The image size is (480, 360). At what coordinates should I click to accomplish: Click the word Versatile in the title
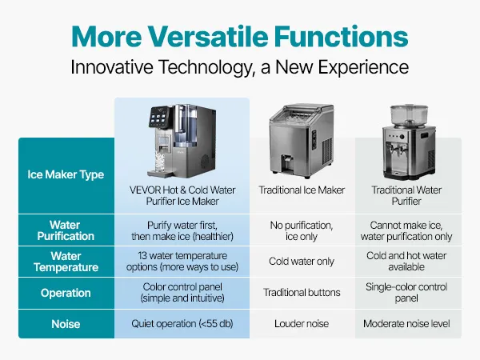click(x=208, y=36)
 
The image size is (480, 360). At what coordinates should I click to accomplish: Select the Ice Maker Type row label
click(x=66, y=174)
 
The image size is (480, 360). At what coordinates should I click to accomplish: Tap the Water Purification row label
click(x=66, y=230)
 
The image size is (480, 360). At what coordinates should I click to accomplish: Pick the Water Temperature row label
click(x=66, y=262)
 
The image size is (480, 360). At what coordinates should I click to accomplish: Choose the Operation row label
click(x=66, y=293)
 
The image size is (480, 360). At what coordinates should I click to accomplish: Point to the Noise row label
click(x=66, y=324)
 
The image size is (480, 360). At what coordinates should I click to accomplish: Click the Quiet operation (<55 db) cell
click(x=182, y=324)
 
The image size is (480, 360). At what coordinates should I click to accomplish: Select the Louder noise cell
click(x=302, y=324)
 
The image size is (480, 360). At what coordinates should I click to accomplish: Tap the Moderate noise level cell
click(x=406, y=324)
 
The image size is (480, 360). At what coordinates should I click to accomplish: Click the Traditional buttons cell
click(x=302, y=293)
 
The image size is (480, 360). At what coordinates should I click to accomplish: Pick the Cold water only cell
click(x=302, y=262)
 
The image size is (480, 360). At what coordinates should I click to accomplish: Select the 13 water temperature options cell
click(x=182, y=262)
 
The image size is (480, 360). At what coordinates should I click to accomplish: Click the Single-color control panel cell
click(x=406, y=292)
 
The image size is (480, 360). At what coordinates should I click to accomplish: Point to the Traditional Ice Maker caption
click(x=302, y=190)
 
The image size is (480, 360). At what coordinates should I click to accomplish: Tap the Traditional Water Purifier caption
click(x=406, y=196)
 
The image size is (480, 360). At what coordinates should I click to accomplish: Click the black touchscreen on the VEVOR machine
click(x=159, y=117)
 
